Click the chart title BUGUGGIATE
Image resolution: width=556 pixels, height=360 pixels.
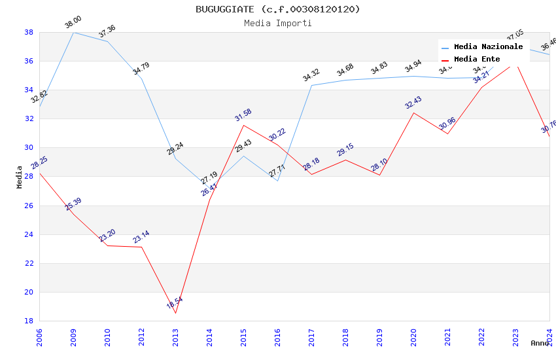[x=277, y=9]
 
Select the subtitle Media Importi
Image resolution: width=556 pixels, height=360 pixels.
[x=277, y=24]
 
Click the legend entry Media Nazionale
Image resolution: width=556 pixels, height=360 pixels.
[x=488, y=47]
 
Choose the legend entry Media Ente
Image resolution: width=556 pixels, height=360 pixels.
[x=477, y=60]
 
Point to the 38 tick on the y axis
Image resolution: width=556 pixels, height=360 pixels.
[x=29, y=32]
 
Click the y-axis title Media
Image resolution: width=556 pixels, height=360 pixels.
[x=20, y=177]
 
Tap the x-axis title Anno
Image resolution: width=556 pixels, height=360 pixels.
[x=540, y=343]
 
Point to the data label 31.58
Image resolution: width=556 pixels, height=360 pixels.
[x=243, y=115]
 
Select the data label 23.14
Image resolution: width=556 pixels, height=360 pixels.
[x=141, y=237]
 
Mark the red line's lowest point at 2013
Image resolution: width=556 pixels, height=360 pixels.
[x=175, y=313]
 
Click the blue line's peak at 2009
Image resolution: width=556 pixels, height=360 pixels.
[x=73, y=32]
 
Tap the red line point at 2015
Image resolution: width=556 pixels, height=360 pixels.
[x=243, y=125]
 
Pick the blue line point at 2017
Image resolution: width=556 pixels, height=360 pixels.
[x=311, y=85]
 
